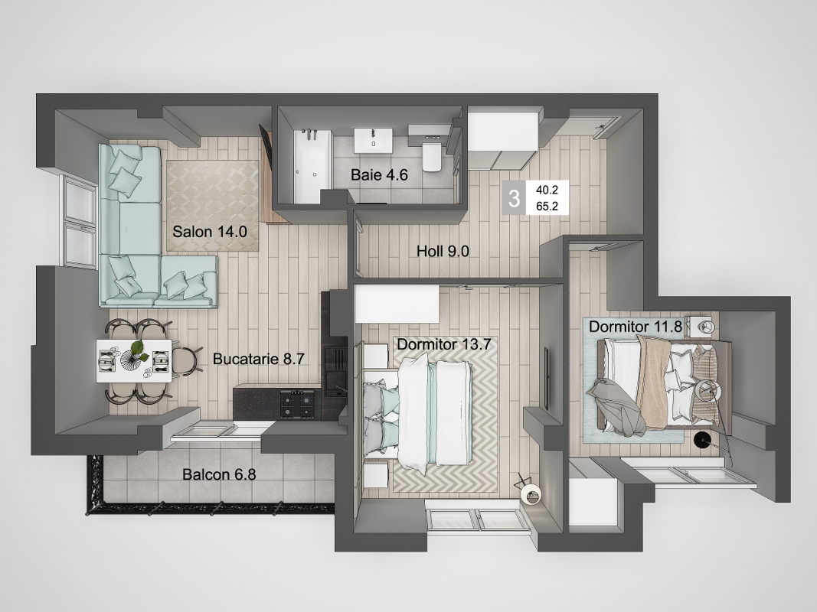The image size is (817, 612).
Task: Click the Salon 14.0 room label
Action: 210,231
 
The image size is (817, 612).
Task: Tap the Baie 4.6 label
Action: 379,174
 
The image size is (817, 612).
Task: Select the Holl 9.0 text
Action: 443,251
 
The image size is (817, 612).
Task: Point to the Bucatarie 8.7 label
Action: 259,359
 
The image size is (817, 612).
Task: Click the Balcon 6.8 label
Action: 219,474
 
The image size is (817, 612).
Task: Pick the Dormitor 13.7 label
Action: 444,344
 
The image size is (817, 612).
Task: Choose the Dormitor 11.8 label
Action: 636,327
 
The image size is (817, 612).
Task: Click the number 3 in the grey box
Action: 514,198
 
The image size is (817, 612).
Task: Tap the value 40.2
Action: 547,190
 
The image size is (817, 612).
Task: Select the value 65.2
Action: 547,206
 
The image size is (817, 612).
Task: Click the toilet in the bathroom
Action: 432,157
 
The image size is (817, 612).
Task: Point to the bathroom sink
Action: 373,141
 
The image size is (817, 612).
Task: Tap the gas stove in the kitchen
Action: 298,405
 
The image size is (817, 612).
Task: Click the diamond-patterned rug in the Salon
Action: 212,206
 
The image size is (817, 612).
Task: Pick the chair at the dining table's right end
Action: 185,360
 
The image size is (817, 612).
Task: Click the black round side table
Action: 703,441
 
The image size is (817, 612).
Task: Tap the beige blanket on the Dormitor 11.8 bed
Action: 652,381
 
